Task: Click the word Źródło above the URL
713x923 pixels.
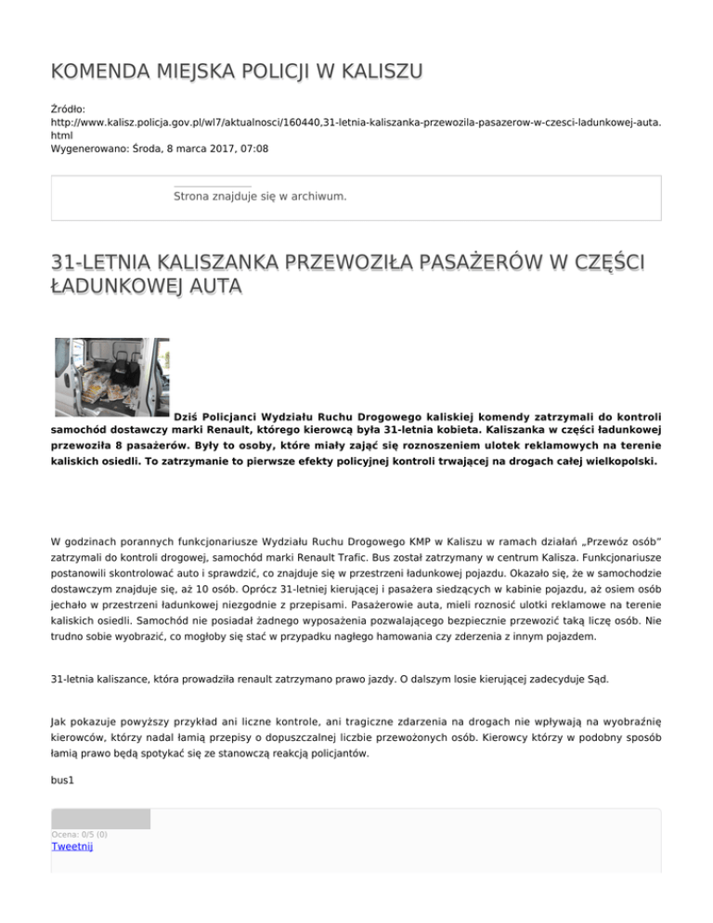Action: coord(70,109)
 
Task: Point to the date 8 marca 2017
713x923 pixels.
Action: coord(190,148)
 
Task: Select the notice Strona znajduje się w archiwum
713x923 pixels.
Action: coord(260,197)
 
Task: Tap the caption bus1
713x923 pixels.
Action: coord(63,781)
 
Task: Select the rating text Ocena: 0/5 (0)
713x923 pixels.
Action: coord(79,835)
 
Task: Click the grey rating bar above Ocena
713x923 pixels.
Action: coord(100,819)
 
